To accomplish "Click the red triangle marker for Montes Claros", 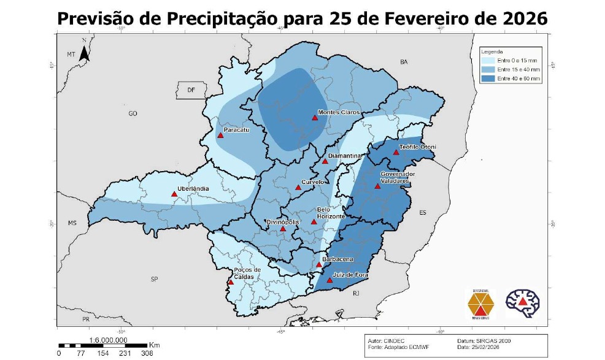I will tap(315, 117).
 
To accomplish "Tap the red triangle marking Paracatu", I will tap(220, 136).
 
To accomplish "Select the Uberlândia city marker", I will tap(174, 194).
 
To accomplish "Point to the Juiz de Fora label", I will tap(350, 275).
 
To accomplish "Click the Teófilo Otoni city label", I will tap(417, 147).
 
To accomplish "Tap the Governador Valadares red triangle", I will tap(378, 186).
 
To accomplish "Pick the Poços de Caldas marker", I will tap(231, 282).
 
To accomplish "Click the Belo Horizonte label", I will tap(331, 213).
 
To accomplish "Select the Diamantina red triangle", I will tap(325, 161).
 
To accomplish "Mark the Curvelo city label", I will tap(312, 182).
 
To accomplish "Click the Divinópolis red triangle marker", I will tap(283, 229).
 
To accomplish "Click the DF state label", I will tap(191, 90).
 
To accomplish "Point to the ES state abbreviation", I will tap(422, 212).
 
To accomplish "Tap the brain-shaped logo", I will tap(522, 301).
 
